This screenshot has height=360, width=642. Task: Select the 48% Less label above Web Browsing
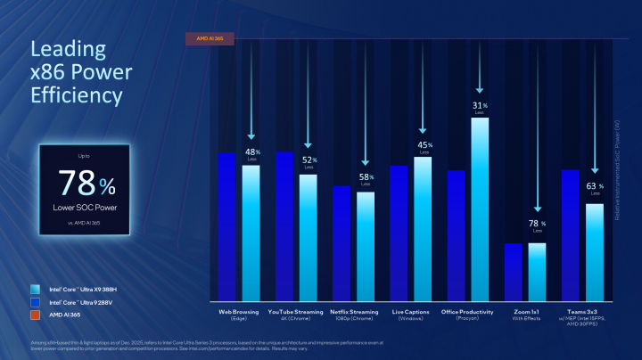251,154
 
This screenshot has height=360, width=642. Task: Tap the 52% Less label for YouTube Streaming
309,162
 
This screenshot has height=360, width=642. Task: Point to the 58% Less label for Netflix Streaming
366,180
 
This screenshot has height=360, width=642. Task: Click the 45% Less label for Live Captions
424,147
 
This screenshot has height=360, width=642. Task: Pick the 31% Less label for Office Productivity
480,109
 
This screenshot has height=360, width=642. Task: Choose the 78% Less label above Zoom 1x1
538,226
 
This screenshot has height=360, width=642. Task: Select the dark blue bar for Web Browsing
227,227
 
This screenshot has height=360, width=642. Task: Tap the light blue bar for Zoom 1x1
537,272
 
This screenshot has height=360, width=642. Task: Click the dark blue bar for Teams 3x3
571,235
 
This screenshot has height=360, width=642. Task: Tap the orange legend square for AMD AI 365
34,315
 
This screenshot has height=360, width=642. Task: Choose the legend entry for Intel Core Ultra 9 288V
83,303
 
